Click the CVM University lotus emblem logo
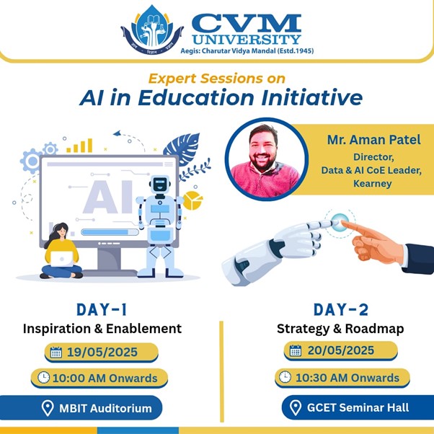pos(152,30)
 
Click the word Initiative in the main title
pos(311,97)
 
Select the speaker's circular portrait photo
pos(266,159)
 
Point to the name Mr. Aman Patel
pos(373,140)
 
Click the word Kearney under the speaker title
pos(372,184)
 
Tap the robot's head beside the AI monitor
pos(160,184)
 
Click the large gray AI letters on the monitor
pos(108,197)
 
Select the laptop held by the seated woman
pos(62,259)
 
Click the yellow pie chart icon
pos(192,200)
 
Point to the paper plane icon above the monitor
pos(118,133)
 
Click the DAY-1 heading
pos(102,310)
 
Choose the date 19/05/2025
pos(102,352)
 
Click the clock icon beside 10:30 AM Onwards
pos(285,377)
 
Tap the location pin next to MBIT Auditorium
pos(48,408)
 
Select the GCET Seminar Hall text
pos(358,407)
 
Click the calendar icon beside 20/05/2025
pos(296,350)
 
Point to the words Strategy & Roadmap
pos(340,329)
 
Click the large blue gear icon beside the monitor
pos(31,161)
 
